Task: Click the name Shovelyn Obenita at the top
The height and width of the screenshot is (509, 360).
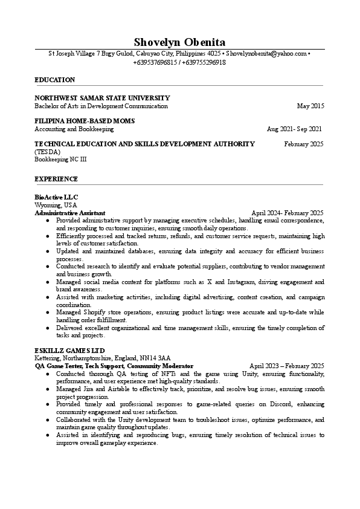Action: (179, 42)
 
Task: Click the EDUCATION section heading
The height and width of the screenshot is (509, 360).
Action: (55, 80)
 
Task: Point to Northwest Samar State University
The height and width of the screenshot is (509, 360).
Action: (102, 98)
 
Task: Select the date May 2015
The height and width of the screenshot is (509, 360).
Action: (310, 106)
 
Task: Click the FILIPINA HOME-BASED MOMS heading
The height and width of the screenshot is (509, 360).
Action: (85, 121)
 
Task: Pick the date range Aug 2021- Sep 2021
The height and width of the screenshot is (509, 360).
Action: (294, 129)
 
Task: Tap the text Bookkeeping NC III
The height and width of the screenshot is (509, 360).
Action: (60, 159)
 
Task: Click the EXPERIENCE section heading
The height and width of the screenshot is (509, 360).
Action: (56, 179)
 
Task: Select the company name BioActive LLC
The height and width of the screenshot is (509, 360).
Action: (56, 198)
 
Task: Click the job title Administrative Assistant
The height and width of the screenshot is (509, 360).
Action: (70, 213)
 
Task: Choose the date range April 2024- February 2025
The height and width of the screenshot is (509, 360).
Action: (288, 213)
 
